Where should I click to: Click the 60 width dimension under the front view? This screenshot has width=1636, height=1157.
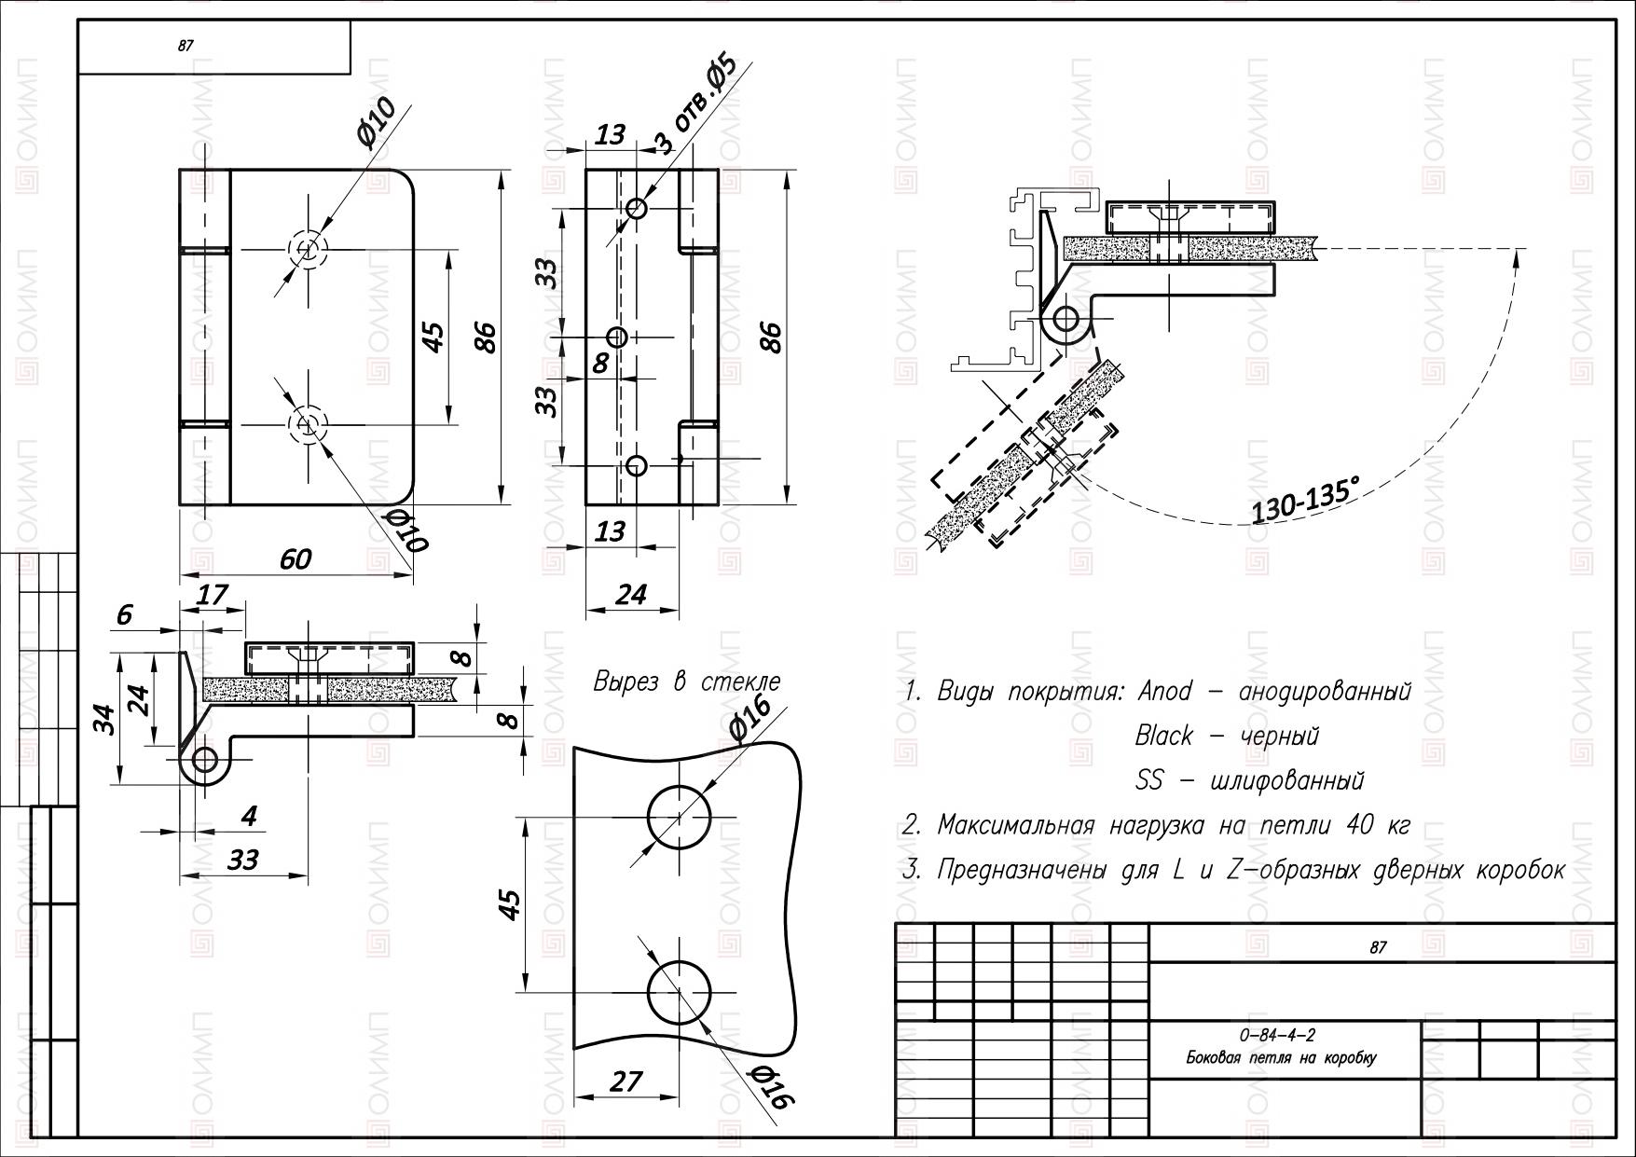(296, 558)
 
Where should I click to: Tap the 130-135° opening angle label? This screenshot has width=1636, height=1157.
(1305, 500)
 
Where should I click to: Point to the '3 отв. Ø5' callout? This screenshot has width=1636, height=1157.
(695, 104)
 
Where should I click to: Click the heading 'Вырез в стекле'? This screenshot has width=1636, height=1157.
(687, 682)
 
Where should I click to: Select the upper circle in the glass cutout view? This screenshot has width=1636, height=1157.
(680, 817)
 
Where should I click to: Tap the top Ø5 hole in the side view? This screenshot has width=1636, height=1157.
(637, 208)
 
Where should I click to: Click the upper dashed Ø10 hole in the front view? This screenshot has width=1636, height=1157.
(307, 250)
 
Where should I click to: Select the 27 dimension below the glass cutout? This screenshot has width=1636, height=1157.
(626, 1081)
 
